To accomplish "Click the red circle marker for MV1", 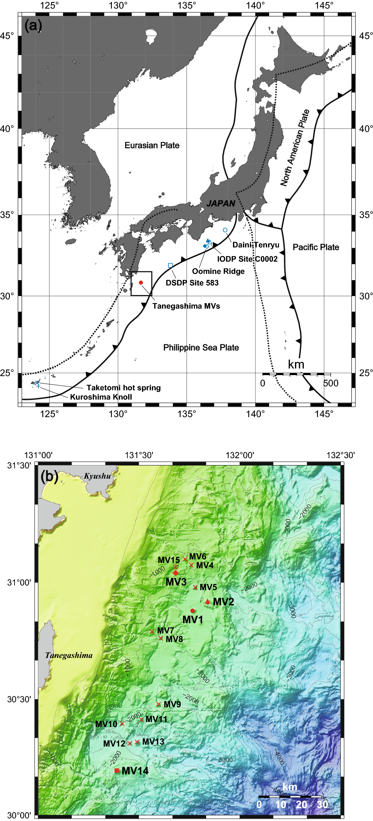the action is tap(193, 611).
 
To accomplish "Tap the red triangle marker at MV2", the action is tap(208, 601).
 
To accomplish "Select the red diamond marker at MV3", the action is tap(175, 573).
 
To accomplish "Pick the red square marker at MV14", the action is tap(117, 770).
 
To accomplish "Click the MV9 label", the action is tap(172, 704).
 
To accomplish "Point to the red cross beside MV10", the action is tap(122, 724).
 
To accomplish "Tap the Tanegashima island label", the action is tap(69, 655).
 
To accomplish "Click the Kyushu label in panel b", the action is tap(97, 476).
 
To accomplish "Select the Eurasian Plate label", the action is tap(152, 145).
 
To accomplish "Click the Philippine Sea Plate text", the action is tap(201, 347).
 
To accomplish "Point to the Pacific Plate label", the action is tap(316, 247).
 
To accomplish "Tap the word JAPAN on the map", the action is tap(221, 203).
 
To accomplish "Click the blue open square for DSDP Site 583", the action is tap(170, 265).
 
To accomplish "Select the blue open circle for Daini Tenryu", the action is tap(225, 230).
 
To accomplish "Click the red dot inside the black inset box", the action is tap(141, 282).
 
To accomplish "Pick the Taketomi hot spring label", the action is tap(123, 388).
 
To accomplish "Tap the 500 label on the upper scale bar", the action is tap(331, 383).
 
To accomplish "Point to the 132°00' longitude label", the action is tap(240, 455).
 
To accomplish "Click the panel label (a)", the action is tap(33, 25).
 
